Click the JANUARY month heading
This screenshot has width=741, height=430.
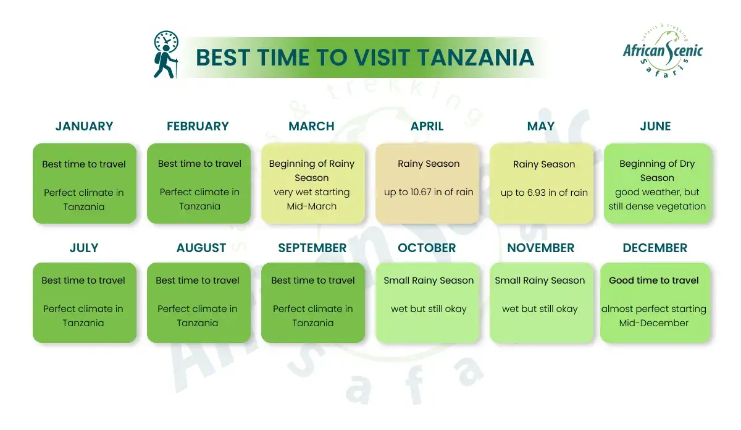click(84, 126)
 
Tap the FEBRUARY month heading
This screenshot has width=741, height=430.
click(198, 126)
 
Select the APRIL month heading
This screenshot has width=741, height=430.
click(427, 126)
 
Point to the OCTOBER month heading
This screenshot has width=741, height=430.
click(427, 248)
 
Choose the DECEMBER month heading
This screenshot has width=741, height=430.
click(655, 248)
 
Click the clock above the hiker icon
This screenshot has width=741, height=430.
click(166, 41)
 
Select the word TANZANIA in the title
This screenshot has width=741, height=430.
click(475, 57)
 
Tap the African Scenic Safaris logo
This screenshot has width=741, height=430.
click(663, 51)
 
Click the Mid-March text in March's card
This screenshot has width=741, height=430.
click(312, 206)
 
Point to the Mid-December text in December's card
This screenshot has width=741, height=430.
click(654, 323)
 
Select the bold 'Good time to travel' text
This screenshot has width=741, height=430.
click(654, 280)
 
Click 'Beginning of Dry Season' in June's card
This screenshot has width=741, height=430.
click(657, 171)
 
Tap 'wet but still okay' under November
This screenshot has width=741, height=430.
click(540, 309)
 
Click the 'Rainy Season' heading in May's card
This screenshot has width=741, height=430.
click(544, 164)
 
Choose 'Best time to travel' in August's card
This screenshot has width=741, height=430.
click(198, 280)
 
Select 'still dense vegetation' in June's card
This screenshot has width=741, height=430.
click(657, 206)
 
